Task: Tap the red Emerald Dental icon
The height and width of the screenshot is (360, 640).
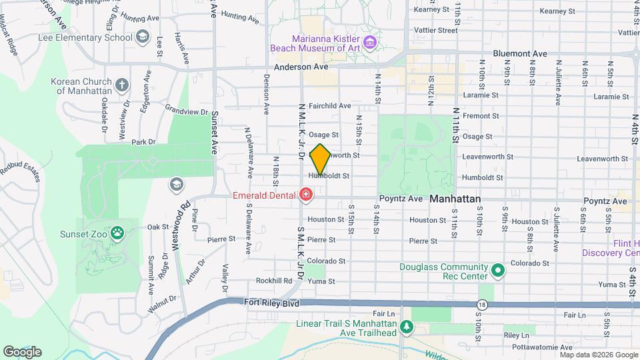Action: [x=306, y=195]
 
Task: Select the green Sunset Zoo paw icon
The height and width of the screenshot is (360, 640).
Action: [x=118, y=233]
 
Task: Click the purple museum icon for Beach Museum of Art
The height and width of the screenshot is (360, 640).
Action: [x=371, y=43]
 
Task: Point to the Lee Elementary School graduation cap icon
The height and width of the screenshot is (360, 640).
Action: [x=142, y=37]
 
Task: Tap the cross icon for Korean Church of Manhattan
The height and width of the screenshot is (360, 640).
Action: [x=121, y=85]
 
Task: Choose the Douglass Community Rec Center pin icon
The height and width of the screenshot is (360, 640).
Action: [x=497, y=271]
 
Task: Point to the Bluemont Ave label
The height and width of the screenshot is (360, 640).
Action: [x=520, y=53]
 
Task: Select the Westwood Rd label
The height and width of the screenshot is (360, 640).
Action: [x=181, y=226]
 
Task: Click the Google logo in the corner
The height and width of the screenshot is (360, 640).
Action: [x=22, y=351]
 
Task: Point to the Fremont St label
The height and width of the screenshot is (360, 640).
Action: [x=477, y=115]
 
